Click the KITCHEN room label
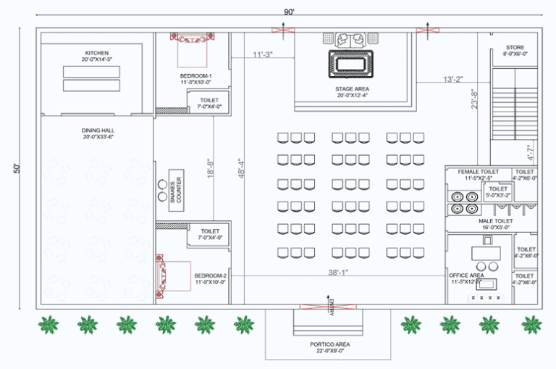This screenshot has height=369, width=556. (x=97, y=53)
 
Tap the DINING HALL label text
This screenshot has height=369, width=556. (x=97, y=130)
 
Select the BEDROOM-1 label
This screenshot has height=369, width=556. (x=195, y=75)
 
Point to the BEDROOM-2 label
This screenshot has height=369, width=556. (x=210, y=276)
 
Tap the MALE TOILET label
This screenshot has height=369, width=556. (x=495, y=220)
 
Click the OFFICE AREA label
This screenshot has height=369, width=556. (x=467, y=275)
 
